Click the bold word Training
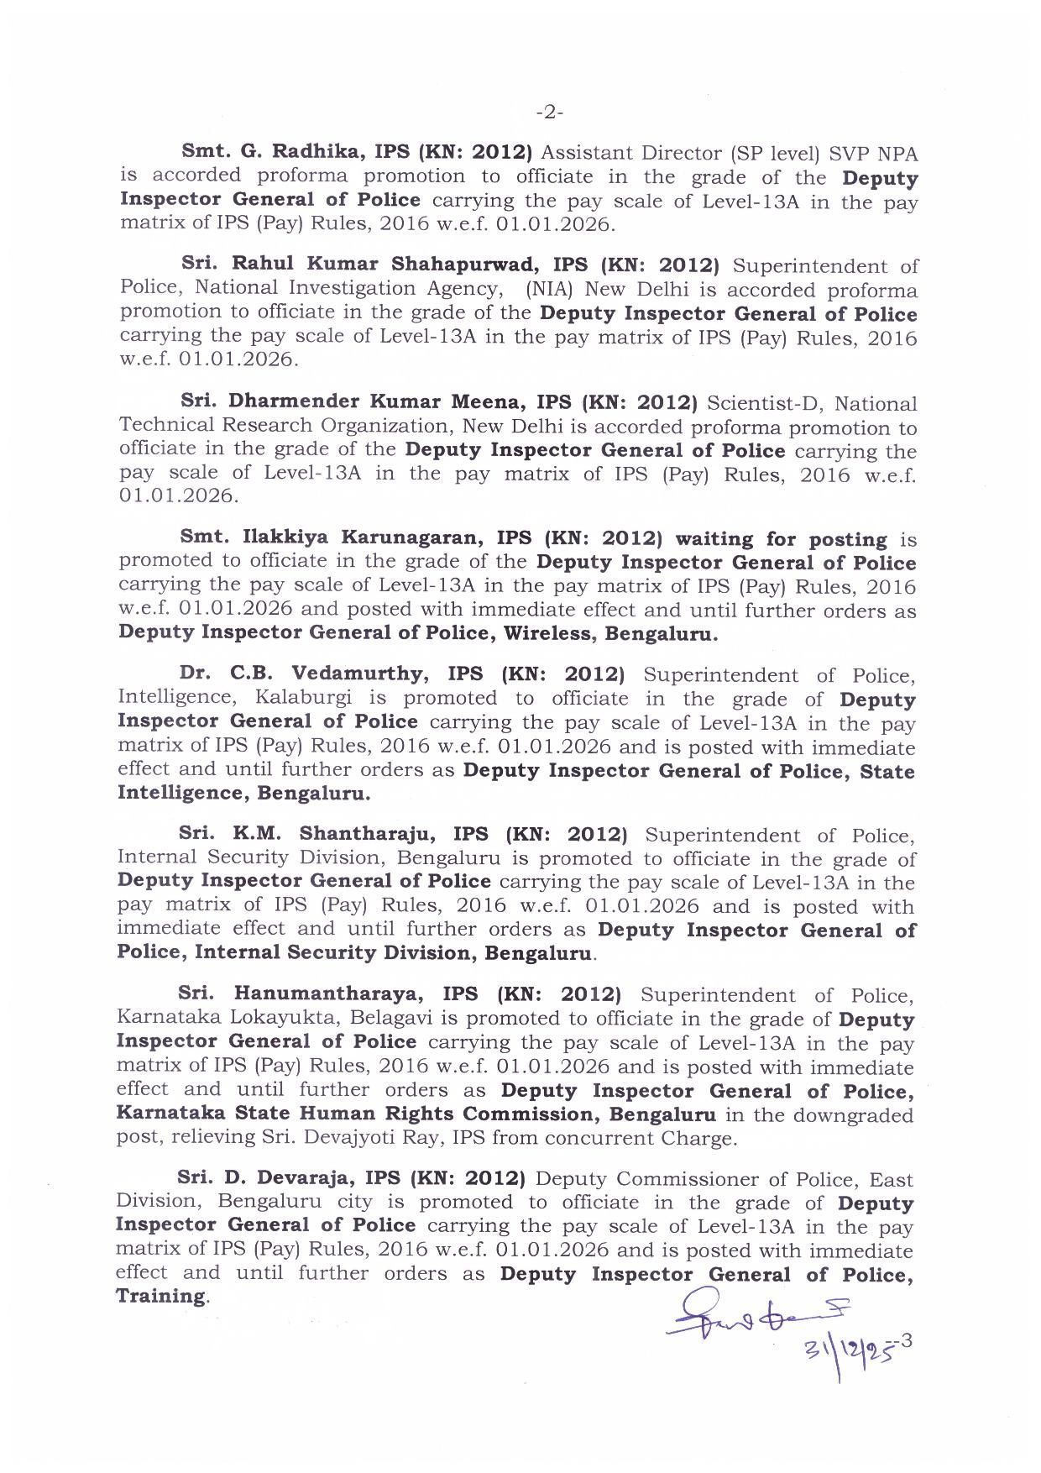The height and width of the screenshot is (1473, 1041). [x=160, y=1296]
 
